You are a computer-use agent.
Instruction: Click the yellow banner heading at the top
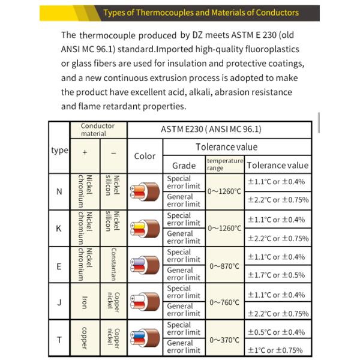[200, 13]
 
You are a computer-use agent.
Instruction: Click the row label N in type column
[59, 192]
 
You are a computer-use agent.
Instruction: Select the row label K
[59, 229]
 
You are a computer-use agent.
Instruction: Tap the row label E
[59, 265]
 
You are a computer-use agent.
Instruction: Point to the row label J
[59, 302]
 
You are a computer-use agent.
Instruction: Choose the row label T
[59, 340]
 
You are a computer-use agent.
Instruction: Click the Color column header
[145, 156]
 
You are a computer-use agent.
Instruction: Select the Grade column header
[184, 165]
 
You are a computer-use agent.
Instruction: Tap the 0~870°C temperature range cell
[225, 265]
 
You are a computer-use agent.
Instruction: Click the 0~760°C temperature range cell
[225, 302]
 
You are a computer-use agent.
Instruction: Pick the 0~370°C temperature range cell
[225, 340]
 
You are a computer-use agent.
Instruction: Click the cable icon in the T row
[145, 339]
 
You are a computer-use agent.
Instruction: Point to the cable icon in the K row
[145, 228]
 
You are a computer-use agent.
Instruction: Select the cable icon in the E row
[145, 265]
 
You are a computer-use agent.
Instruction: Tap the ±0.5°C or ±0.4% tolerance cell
[277, 332]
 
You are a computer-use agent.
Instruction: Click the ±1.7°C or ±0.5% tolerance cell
[277, 275]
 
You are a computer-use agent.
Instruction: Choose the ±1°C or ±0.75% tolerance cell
[277, 350]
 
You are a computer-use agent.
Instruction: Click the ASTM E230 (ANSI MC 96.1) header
[220, 130]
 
